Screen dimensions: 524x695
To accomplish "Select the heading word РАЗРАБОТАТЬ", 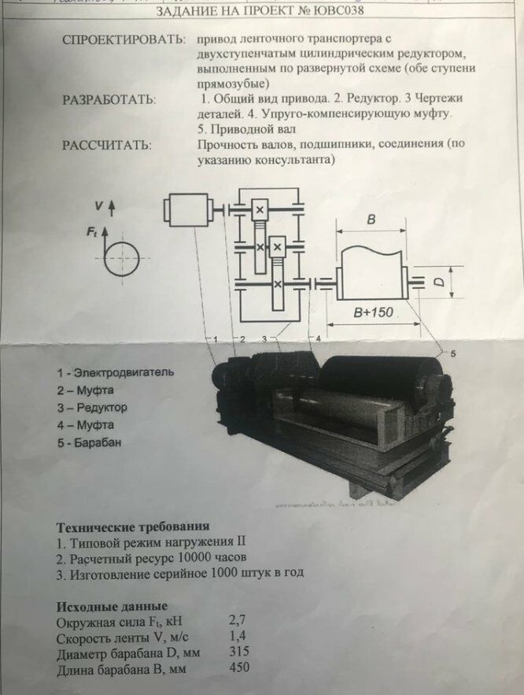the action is coord(109,100).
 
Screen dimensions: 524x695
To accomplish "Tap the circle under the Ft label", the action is coord(124,258).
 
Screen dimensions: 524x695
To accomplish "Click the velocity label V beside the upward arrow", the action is coord(98,205).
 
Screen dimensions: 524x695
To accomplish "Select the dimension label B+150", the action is coord(373,312).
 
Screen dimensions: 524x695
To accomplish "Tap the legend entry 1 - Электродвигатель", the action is coord(115,372).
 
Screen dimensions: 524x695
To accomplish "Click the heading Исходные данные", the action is coord(112,606).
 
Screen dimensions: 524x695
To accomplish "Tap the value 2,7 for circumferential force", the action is coord(238,620).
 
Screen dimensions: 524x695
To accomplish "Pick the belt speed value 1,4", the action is coord(238,636).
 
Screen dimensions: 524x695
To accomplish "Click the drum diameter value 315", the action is coord(238,652).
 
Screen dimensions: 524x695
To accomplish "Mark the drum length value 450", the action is coord(238,668).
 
